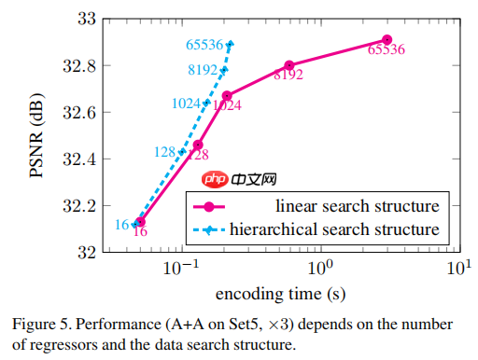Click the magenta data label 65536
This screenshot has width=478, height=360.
click(387, 50)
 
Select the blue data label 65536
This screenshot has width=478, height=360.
click(204, 43)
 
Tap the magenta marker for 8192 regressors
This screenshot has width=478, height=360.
click(289, 65)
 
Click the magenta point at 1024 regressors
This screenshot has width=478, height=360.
click(227, 95)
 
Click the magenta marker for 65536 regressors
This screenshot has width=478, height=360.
click(387, 40)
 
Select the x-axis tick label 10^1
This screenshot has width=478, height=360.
click(457, 268)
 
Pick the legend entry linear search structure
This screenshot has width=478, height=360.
click(358, 204)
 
